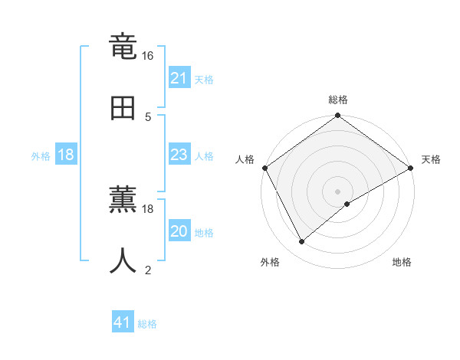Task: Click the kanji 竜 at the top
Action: pyautogui.click(x=123, y=48)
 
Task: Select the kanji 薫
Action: pyautogui.click(x=123, y=201)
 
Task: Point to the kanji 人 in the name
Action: pyautogui.click(x=123, y=260)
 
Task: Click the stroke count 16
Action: pyautogui.click(x=148, y=56)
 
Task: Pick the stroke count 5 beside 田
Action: pyautogui.click(x=148, y=116)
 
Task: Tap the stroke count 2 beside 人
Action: pyautogui.click(x=148, y=269)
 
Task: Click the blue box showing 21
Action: pyautogui.click(x=179, y=77)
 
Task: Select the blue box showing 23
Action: pyautogui.click(x=179, y=155)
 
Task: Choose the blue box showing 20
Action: pyautogui.click(x=179, y=231)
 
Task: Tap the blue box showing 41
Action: pyautogui.click(x=123, y=322)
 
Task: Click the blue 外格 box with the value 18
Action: pyautogui.click(x=66, y=155)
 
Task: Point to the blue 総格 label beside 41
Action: pyautogui.click(x=147, y=324)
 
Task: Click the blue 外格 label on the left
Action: pyautogui.click(x=41, y=156)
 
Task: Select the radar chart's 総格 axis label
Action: pyautogui.click(x=338, y=100)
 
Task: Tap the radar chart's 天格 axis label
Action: pyautogui.click(x=431, y=159)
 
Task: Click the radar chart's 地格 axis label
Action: pyautogui.click(x=402, y=263)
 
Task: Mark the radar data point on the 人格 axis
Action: pyautogui.click(x=264, y=168)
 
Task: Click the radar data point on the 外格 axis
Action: pyautogui.click(x=302, y=242)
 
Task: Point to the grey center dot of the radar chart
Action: pyautogui.click(x=338, y=191)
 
